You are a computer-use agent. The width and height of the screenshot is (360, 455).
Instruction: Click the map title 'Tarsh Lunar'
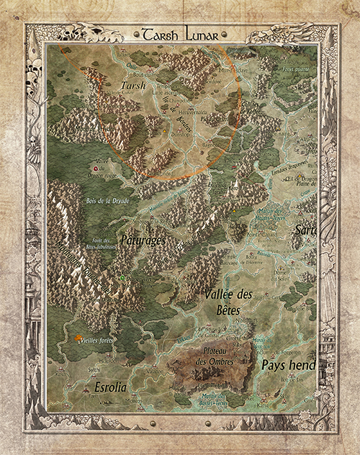click(x=179, y=34)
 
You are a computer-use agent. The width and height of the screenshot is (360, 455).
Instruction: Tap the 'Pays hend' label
click(x=288, y=365)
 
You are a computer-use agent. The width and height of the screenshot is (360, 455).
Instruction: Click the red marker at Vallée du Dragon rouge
click(x=94, y=167)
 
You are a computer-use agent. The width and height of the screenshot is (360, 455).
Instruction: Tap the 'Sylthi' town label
click(x=73, y=367)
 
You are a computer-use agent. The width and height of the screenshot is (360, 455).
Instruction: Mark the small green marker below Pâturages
click(x=123, y=277)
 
